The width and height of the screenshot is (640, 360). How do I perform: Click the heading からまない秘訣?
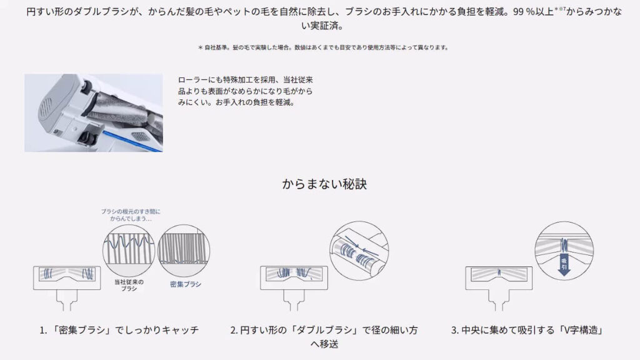click(319, 185)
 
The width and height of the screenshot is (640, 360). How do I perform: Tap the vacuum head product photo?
click(94, 112)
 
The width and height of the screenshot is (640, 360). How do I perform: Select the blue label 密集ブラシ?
click(186, 284)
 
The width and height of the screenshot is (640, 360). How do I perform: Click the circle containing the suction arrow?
click(564, 250)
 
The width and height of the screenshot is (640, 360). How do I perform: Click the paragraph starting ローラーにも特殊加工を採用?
click(245, 91)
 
